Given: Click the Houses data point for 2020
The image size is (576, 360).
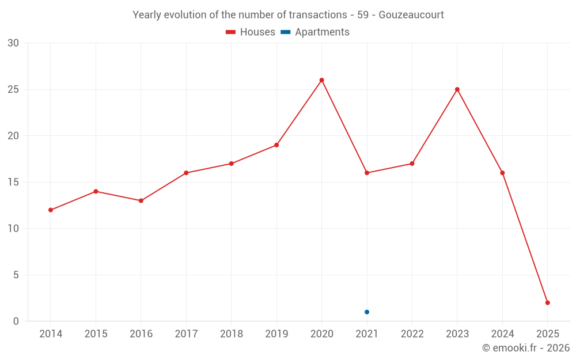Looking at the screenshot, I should [321, 80].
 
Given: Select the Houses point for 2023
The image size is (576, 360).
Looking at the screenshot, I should [457, 89].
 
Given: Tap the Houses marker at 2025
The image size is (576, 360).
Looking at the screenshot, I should [548, 302].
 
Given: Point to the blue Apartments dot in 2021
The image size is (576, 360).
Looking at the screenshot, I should [367, 312].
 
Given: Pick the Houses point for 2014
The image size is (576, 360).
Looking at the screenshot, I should [51, 210].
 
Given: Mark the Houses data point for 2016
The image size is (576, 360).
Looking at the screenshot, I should [141, 200].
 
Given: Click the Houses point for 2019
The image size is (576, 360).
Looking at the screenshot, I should [276, 145].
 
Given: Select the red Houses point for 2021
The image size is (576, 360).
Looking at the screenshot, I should [367, 173].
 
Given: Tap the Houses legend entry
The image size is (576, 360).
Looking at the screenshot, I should [251, 32].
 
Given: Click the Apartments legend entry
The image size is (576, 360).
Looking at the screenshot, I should [315, 32].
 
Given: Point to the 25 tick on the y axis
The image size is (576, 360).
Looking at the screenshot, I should [13, 89].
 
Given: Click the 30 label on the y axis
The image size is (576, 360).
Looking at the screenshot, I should [13, 43].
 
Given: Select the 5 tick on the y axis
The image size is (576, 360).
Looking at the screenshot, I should [16, 275].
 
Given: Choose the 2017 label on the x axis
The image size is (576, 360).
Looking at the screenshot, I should [186, 334].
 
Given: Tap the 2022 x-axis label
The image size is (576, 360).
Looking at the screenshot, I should [412, 334].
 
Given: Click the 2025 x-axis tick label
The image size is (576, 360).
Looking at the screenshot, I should [548, 334].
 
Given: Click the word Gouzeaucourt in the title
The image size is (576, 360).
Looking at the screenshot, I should [412, 15].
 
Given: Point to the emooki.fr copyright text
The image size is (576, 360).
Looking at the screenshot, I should [526, 348].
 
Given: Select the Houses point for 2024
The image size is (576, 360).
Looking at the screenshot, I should [502, 173].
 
